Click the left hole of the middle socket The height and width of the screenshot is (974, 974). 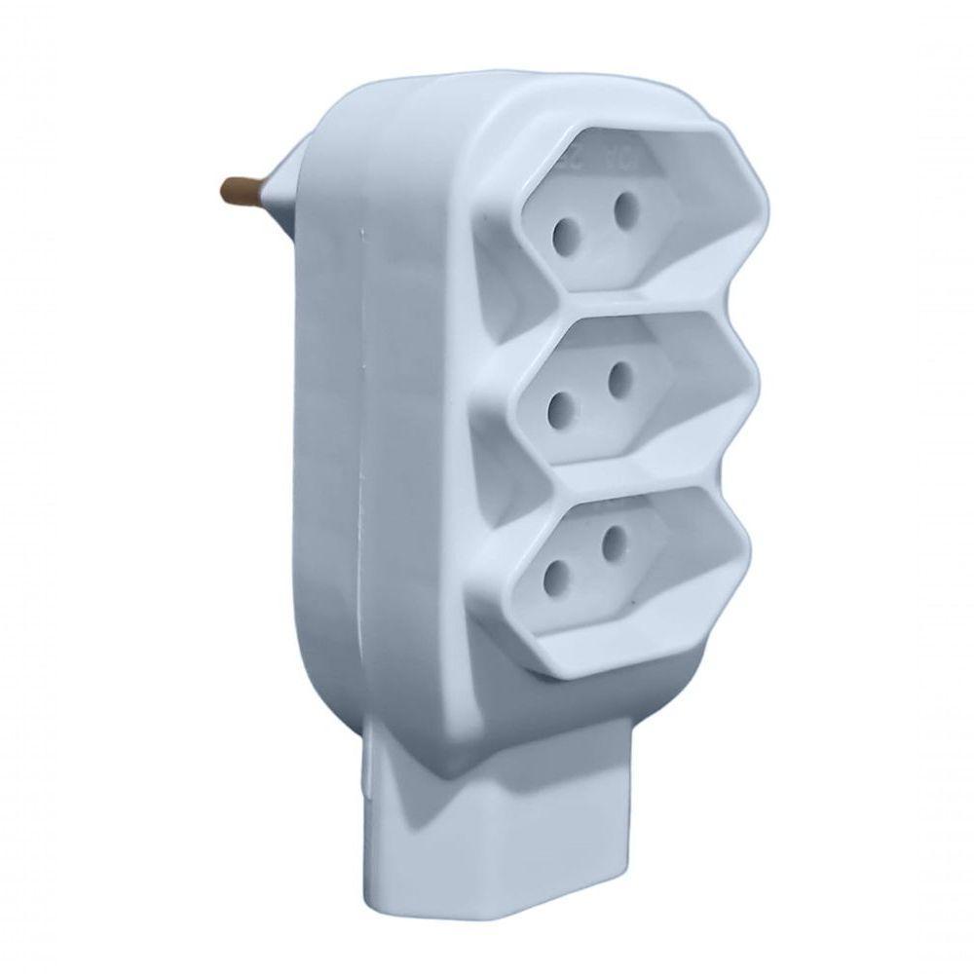[x=560, y=408]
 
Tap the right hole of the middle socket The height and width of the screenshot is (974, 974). [x=620, y=380]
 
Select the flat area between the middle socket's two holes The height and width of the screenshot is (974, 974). [x=590, y=394]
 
